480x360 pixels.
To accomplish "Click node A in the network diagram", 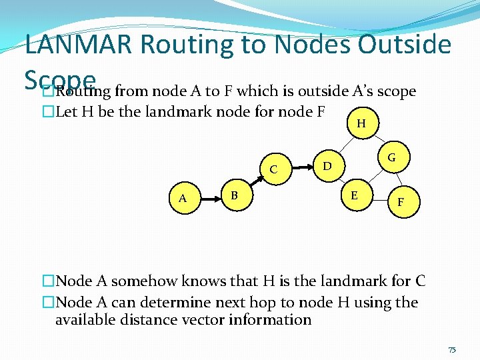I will coord(182,198).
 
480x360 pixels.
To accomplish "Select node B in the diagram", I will coord(234,195).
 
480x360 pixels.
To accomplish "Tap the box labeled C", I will coord(273,169).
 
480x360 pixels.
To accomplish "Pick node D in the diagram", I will coord(327,164).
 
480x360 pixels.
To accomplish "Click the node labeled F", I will coord(399,200).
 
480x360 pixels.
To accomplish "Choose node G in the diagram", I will coord(391,157).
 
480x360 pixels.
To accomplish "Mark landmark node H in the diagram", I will coord(361,123).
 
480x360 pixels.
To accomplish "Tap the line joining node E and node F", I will coord(377,197).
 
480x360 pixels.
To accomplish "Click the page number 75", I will coord(452,349).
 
